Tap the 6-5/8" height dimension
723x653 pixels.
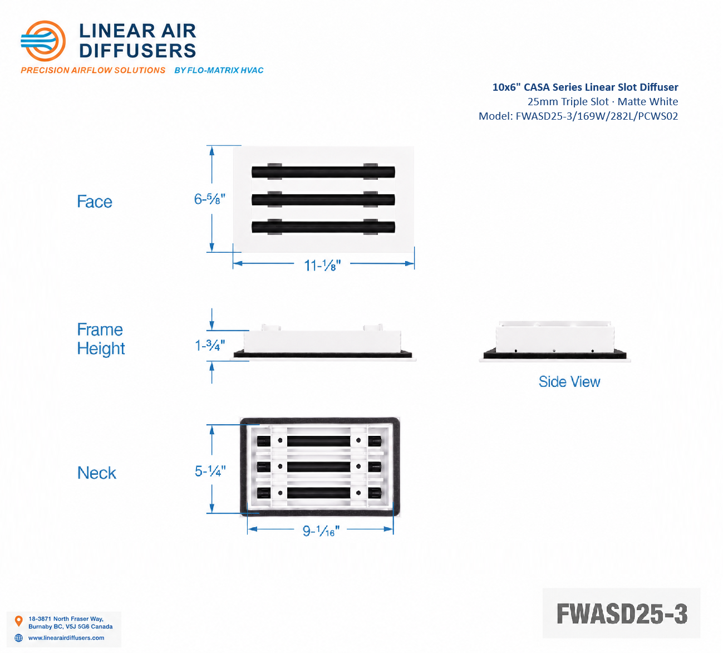tap(209, 199)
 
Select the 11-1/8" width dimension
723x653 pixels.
tap(322, 266)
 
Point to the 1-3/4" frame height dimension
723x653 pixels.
tap(210, 345)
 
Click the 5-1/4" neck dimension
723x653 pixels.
tap(210, 471)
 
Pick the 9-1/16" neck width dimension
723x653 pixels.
tap(321, 531)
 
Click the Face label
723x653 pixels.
tap(95, 201)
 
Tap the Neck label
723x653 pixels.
tap(97, 473)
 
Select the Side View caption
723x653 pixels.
tap(569, 381)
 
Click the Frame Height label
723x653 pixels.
tap(101, 339)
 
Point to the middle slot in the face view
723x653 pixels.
tap(323, 200)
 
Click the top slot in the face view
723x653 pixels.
tap(323, 172)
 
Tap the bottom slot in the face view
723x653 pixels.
tap(323, 227)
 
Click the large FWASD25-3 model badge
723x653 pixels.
tap(621, 613)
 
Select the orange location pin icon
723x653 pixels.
tap(19, 621)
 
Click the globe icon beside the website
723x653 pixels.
tap(19, 638)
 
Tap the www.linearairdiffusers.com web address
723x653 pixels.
tap(66, 637)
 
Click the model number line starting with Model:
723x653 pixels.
tap(578, 116)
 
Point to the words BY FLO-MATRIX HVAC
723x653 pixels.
tap(219, 70)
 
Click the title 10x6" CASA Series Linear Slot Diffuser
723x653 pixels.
tap(586, 87)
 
